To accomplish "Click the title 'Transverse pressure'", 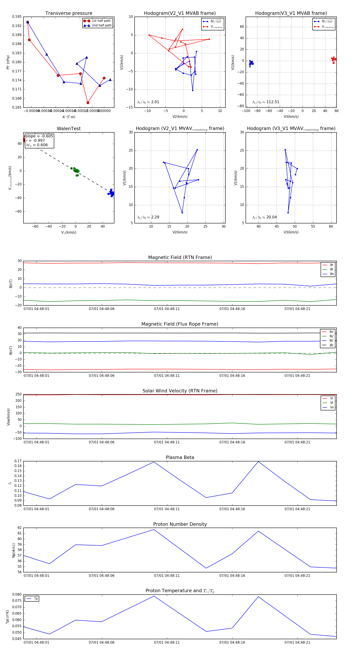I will tap(69, 13).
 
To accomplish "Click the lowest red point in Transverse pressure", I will tap(88, 103).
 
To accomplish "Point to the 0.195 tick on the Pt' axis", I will tap(17, 17).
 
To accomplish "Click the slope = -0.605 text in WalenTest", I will tap(39, 136).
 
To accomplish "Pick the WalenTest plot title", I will tap(69, 129).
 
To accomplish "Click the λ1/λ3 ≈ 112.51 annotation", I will tap(266, 102).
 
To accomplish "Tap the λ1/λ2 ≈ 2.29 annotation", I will tap(148, 217).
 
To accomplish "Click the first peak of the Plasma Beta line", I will tap(154, 462).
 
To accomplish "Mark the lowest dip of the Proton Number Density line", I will tap(206, 568).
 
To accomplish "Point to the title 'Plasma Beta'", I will tap(180, 458).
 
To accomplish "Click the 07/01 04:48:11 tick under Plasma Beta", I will tap(167, 509).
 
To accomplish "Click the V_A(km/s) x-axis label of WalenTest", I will tap(69, 232).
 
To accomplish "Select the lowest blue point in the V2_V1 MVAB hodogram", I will tap(193, 90).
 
